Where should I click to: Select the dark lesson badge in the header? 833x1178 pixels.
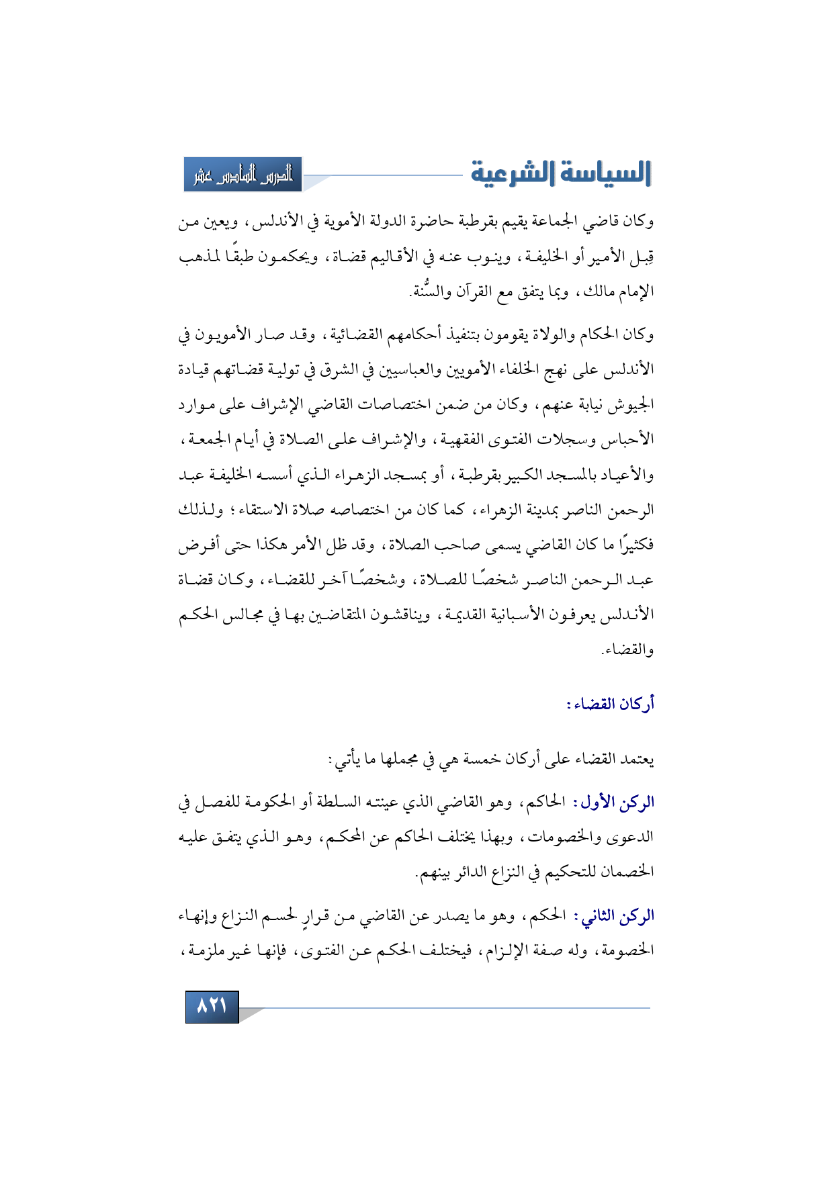(x=243, y=175)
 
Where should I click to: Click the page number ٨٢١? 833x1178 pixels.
(x=212, y=1007)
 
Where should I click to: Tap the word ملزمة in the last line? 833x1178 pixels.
(x=202, y=951)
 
